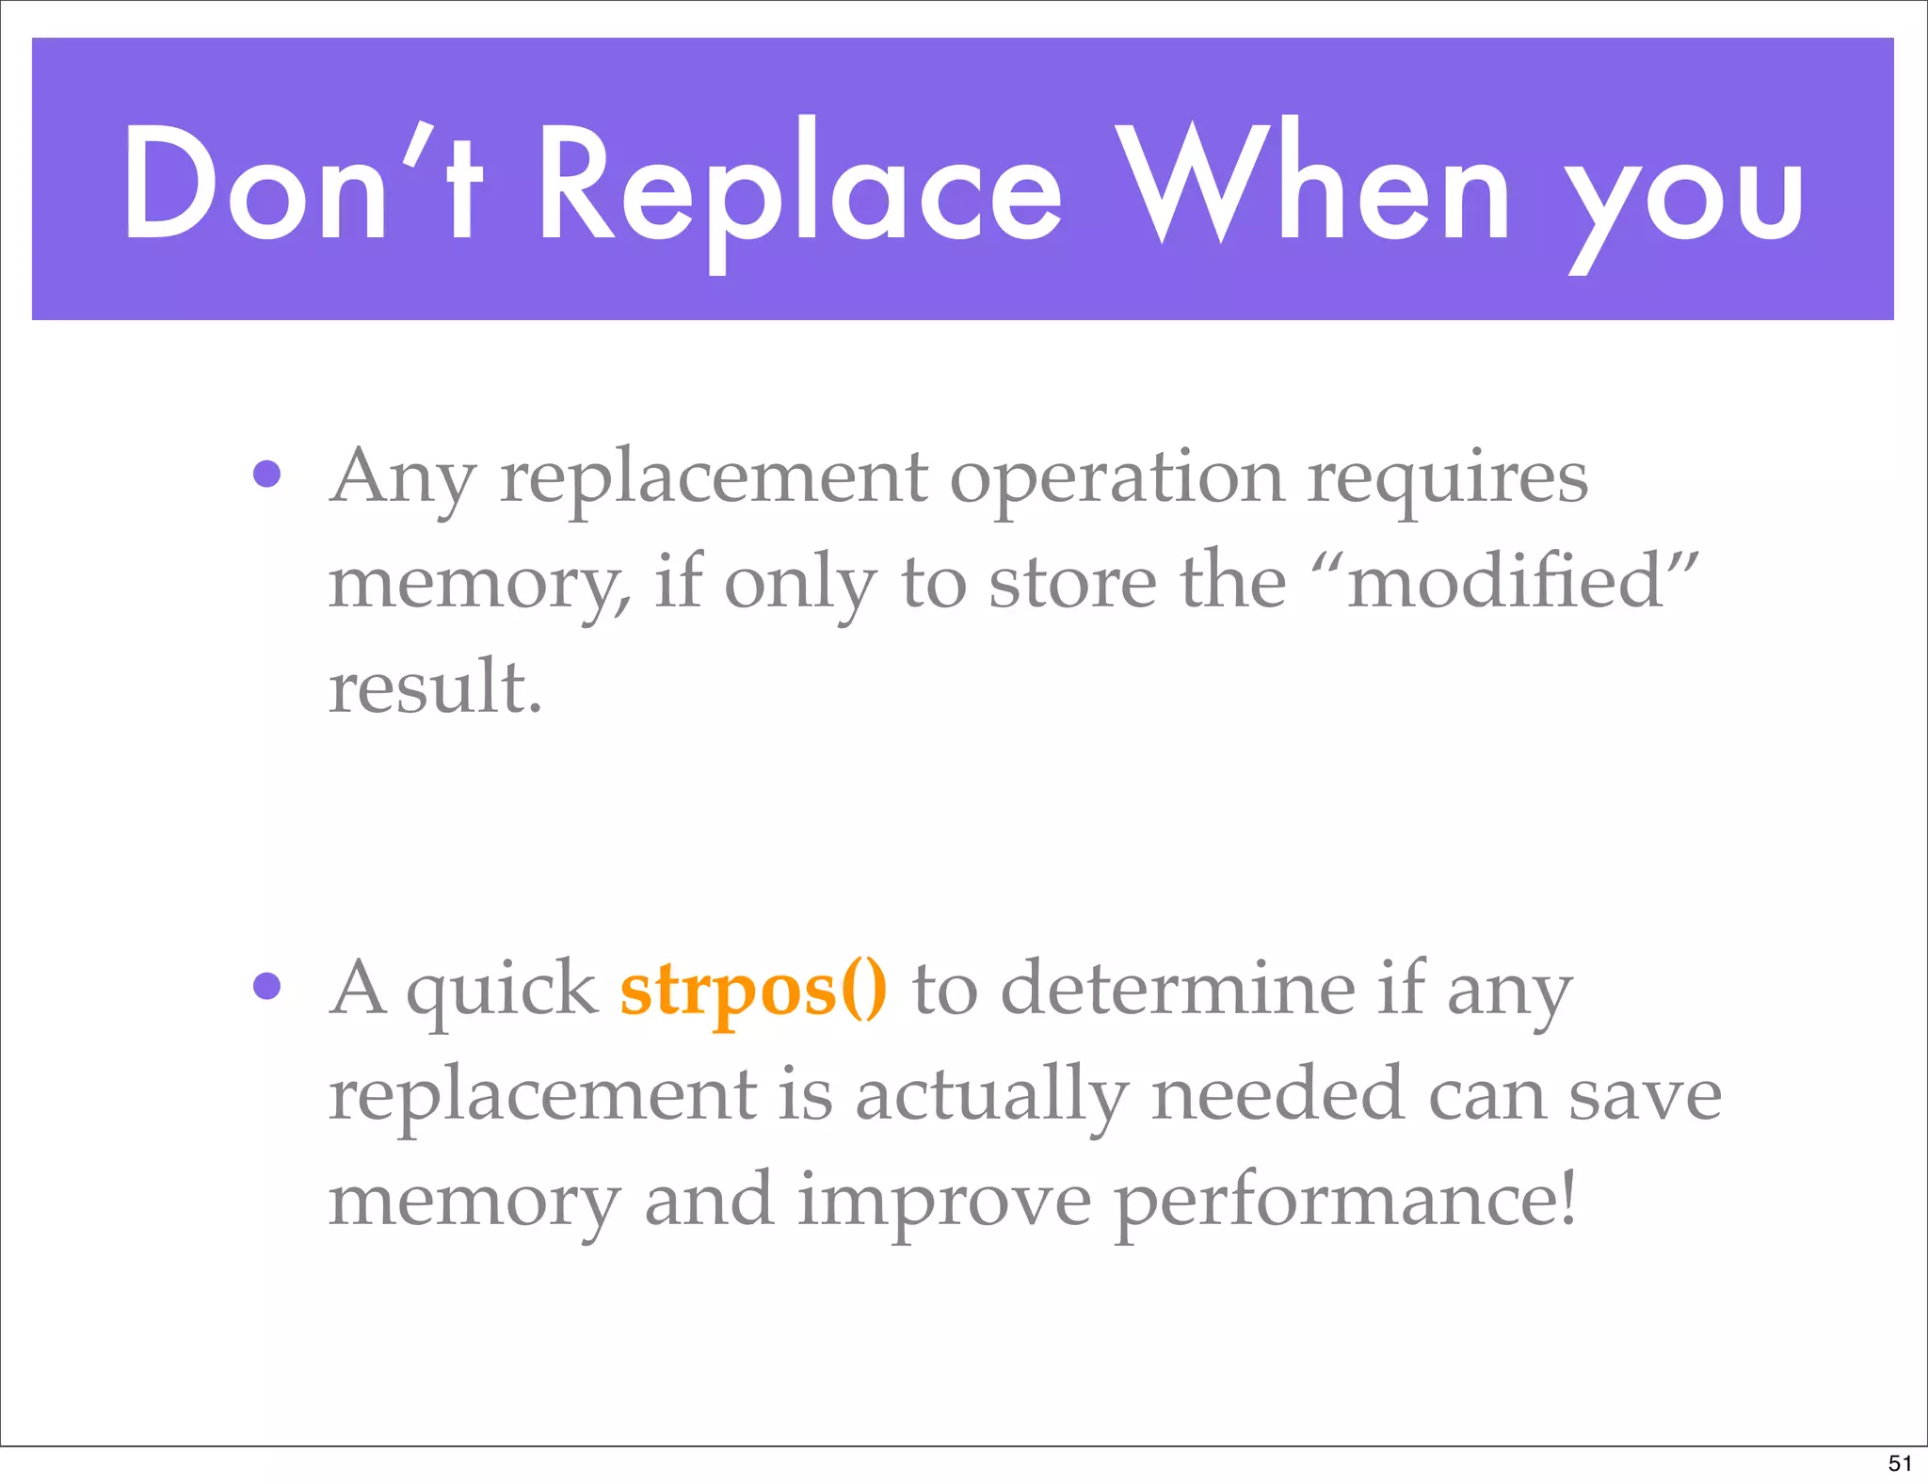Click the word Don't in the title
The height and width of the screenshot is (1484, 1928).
[303, 184]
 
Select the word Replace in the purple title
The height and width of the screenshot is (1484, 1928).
[800, 188]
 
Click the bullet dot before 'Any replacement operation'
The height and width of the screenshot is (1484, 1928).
[267, 474]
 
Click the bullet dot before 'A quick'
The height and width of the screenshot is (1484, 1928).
[267, 986]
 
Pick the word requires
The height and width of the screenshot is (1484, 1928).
[1448, 478]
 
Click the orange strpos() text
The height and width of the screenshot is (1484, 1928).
[753, 991]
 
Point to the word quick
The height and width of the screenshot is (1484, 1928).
[502, 991]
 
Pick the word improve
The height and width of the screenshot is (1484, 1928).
[944, 1203]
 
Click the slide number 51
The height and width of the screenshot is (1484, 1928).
[1900, 1463]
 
